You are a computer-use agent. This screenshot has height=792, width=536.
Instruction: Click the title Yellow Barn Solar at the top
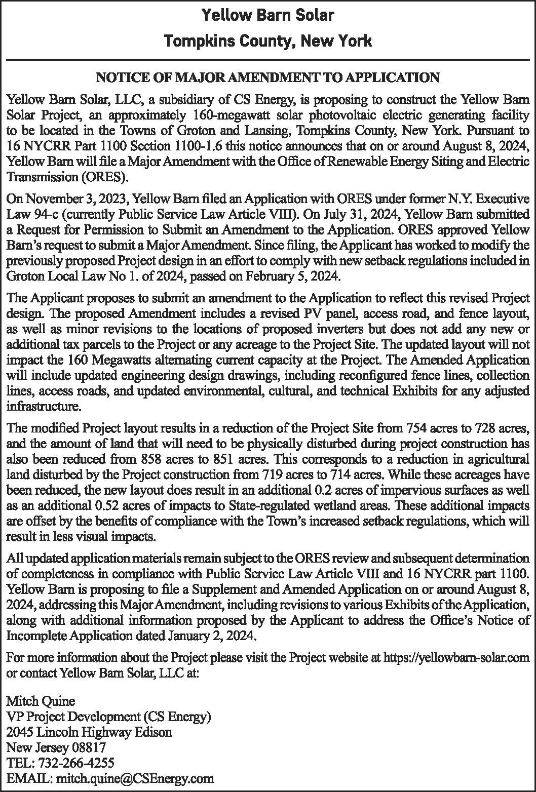point(267,15)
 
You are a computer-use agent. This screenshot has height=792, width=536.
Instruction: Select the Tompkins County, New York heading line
point(267,41)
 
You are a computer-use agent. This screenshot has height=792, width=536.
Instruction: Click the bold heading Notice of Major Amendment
point(267,77)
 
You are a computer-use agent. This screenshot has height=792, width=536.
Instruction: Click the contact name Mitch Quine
point(41,701)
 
